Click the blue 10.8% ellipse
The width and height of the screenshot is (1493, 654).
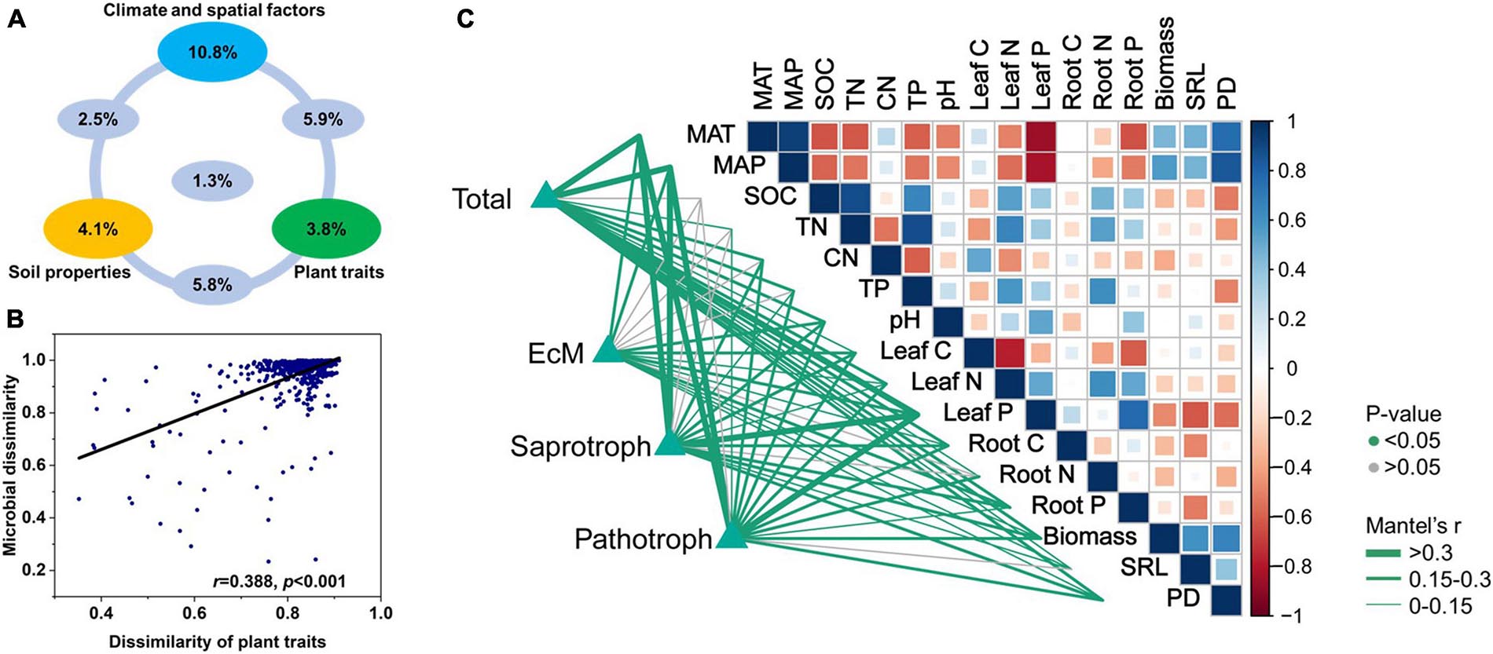point(212,53)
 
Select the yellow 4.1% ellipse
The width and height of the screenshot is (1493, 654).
point(97,229)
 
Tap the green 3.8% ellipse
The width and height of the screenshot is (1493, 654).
point(326,229)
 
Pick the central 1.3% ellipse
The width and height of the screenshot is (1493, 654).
point(212,181)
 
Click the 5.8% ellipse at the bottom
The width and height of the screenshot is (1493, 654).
point(212,284)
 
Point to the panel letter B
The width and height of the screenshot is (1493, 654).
point(16,320)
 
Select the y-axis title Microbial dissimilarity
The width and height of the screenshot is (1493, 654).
point(11,465)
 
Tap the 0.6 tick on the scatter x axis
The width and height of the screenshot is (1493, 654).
point(193,612)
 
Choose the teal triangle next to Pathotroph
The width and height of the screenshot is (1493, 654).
point(732,535)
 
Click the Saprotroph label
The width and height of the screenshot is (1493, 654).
point(580,447)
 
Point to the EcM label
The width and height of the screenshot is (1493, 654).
point(556,354)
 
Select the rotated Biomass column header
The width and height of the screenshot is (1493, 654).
point(1165,63)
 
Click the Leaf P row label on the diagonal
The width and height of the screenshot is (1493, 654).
point(978,412)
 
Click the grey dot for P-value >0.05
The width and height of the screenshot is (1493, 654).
point(1373,468)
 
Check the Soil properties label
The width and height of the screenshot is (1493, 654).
point(69,272)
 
